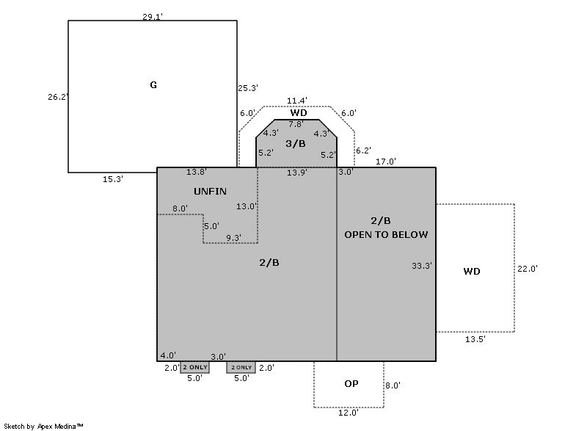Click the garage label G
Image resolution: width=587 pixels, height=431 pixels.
click(x=153, y=85)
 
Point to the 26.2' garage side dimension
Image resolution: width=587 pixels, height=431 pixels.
click(x=58, y=97)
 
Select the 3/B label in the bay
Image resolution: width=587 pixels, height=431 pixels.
click(x=296, y=143)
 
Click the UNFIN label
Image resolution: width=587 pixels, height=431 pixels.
click(x=210, y=192)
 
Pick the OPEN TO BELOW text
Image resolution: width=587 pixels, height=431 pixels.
click(x=386, y=234)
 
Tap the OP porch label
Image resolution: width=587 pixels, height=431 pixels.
click(x=351, y=384)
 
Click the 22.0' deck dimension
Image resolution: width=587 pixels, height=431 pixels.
click(x=528, y=269)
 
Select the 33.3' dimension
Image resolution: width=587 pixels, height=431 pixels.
click(x=422, y=266)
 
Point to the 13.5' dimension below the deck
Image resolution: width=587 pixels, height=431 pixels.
click(x=475, y=339)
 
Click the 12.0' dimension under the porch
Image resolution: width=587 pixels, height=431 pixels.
click(x=349, y=413)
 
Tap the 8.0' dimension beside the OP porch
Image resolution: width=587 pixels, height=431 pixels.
click(x=393, y=385)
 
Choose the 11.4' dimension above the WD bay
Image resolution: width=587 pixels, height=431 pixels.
click(x=297, y=101)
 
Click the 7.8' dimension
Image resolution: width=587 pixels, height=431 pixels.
click(x=296, y=124)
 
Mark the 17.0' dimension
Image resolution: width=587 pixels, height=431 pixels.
click(x=387, y=162)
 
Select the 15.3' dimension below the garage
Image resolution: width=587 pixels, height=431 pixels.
click(x=112, y=178)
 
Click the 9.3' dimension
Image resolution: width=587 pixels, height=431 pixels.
click(x=234, y=237)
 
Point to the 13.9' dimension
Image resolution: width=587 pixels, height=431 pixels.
click(x=297, y=173)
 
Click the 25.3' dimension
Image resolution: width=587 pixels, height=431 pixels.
click(x=247, y=89)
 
